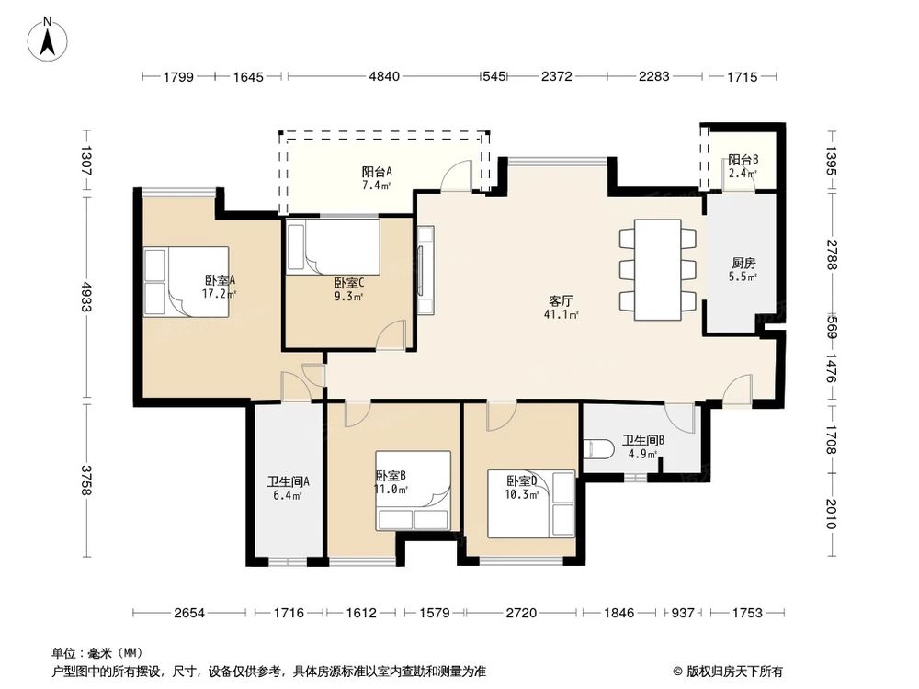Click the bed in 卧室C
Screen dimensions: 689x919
333,246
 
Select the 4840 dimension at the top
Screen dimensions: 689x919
383,77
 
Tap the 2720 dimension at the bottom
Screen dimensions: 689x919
521,612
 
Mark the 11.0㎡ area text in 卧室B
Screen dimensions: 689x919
391,490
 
